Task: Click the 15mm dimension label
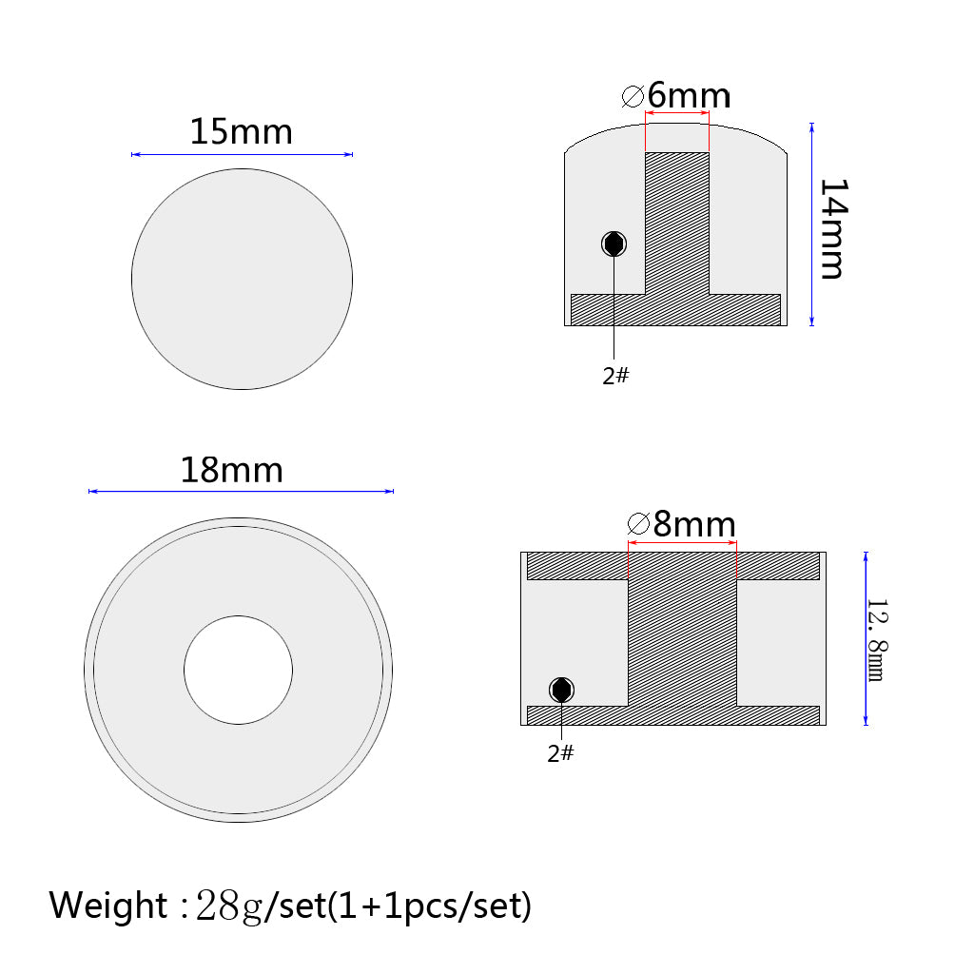tap(241, 131)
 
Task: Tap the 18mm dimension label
tap(232, 470)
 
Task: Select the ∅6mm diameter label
tap(676, 95)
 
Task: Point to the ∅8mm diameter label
tap(682, 524)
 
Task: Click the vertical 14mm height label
tap(833, 228)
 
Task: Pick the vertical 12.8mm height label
tap(877, 640)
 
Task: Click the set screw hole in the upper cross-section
tap(614, 244)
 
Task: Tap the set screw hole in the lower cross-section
tap(561, 691)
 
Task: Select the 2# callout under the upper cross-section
tap(615, 376)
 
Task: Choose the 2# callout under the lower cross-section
tap(560, 753)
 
